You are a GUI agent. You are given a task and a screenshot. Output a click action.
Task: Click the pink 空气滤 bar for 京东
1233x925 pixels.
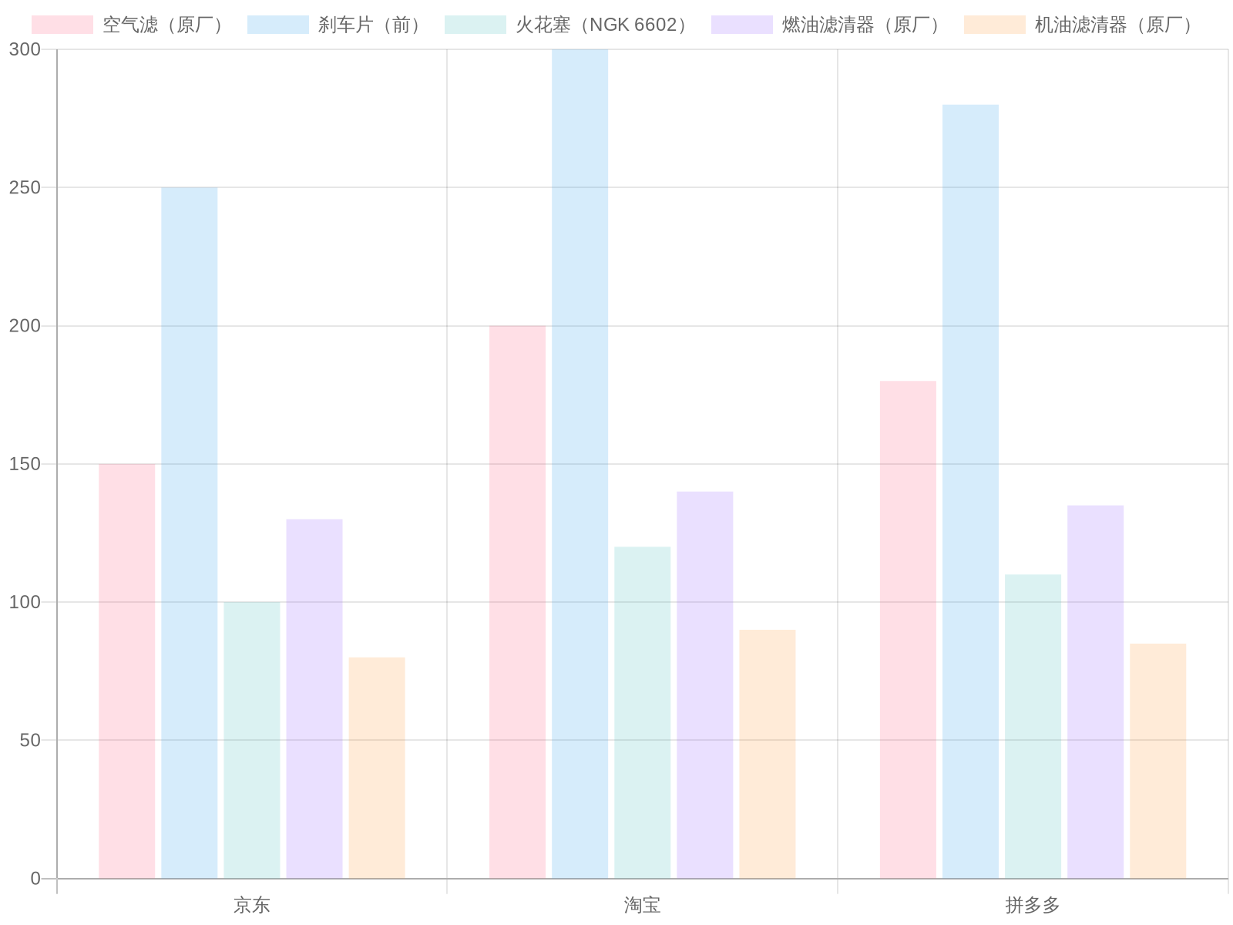127,671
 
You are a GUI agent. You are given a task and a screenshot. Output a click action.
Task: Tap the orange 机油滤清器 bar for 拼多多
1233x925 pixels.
1157,760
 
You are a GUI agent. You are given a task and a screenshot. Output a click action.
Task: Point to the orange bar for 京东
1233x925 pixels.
377,767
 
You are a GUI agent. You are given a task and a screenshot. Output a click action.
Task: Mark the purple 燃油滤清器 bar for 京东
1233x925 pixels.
314,698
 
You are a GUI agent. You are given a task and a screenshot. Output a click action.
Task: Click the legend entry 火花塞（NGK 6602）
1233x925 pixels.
601,25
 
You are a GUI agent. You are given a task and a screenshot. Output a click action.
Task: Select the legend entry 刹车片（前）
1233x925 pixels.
370,25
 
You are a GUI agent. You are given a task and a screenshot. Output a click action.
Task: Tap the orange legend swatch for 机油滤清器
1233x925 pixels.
994,25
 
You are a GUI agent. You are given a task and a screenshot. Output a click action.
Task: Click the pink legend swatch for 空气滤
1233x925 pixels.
62,25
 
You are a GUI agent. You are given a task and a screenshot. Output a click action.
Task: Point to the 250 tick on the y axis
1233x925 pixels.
25,187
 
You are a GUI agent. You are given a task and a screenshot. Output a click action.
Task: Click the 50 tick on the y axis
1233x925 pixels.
29,740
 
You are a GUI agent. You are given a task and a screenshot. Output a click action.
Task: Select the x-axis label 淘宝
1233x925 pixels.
643,905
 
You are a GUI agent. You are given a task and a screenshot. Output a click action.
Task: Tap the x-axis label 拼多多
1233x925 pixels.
1033,905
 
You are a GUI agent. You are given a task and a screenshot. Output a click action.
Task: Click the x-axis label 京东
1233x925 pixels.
252,905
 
